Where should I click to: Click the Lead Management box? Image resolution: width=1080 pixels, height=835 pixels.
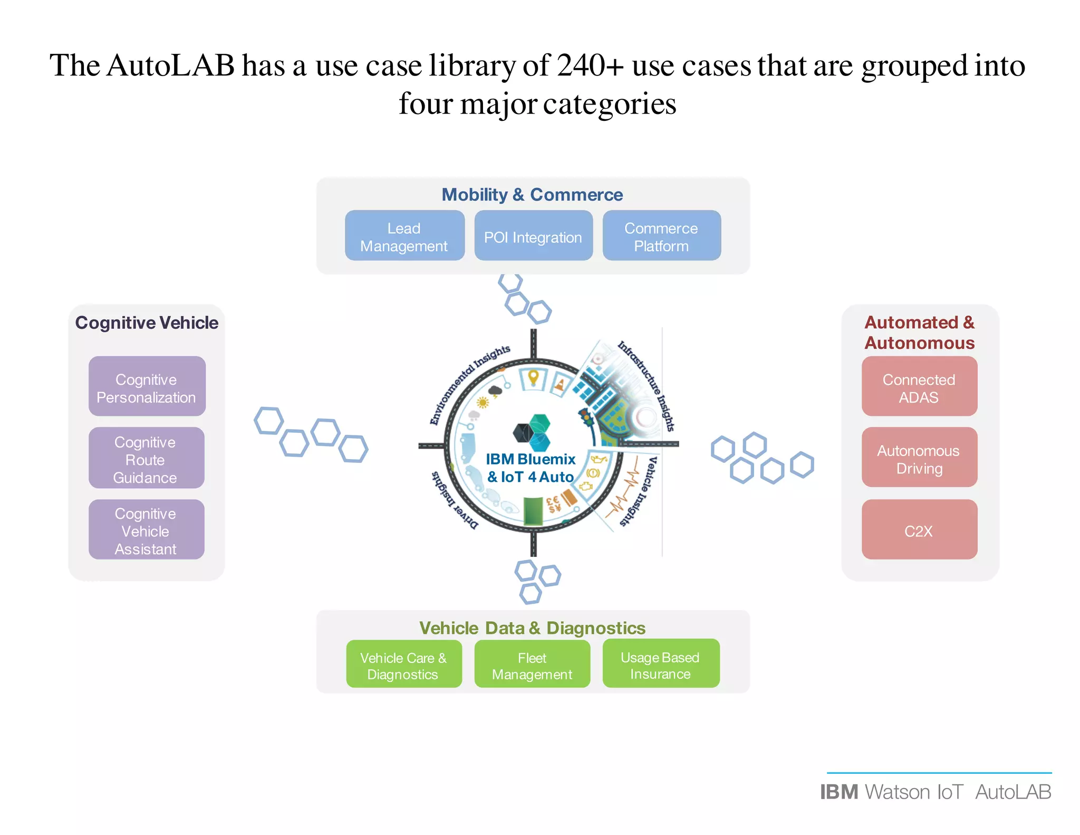tap(404, 235)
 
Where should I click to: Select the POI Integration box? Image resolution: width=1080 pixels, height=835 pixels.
tap(533, 235)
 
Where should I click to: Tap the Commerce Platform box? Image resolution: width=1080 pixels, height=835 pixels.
tap(661, 235)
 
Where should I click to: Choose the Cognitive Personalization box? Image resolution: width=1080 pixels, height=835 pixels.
tap(147, 386)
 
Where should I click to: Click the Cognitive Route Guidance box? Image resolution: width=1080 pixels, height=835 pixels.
tap(146, 458)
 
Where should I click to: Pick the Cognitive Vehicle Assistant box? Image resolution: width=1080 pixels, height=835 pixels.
tap(146, 529)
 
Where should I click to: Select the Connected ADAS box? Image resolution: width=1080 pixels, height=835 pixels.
tap(919, 386)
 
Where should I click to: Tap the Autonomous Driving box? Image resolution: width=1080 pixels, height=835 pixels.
tap(919, 458)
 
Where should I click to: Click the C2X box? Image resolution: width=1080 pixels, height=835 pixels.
tap(919, 529)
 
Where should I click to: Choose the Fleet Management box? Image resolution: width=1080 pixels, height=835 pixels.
tap(532, 664)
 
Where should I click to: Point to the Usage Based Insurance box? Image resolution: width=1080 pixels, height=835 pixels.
tap(661, 663)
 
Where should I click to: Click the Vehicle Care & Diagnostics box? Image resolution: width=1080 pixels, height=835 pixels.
tap(404, 664)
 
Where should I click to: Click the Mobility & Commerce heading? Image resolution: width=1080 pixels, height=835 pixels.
tap(532, 194)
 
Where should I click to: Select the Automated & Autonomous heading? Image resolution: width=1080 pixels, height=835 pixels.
tap(920, 332)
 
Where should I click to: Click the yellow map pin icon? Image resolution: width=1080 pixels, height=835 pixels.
tap(533, 378)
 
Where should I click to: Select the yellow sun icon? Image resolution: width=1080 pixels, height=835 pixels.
tap(483, 403)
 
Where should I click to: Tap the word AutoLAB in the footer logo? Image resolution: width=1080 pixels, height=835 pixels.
tap(1013, 792)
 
